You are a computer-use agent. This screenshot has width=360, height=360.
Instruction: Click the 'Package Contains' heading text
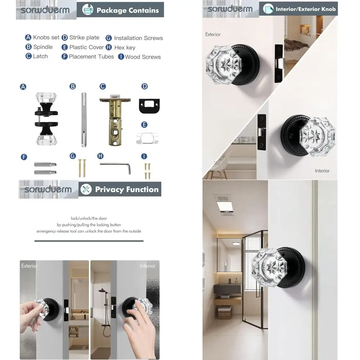pyautogui.click(x=127, y=10)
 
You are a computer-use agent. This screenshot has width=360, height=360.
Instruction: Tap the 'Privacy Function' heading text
pyautogui.click(x=127, y=189)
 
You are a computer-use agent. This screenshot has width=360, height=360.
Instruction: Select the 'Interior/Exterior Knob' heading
pyautogui.click(x=305, y=9)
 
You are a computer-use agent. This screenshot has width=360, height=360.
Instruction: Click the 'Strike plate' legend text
pyautogui.click(x=84, y=37)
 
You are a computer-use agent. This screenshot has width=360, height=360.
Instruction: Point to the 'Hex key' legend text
pyautogui.click(x=125, y=48)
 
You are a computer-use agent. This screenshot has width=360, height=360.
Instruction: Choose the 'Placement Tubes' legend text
pyautogui.click(x=91, y=57)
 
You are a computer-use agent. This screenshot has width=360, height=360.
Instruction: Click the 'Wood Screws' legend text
pyautogui.click(x=143, y=57)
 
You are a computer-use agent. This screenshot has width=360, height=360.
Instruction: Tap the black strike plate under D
pyautogui.click(x=149, y=104)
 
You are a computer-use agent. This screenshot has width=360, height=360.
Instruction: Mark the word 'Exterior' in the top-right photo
pyautogui.click(x=213, y=35)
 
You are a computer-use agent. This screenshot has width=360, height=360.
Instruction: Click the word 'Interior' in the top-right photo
pyautogui.click(x=322, y=171)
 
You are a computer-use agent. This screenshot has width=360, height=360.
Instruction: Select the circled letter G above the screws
pyautogui.click(x=73, y=156)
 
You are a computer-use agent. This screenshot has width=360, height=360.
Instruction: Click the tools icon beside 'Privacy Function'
pyautogui.click(x=86, y=189)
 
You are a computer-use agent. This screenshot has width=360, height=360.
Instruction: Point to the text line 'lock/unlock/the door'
pyautogui.click(x=89, y=218)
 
